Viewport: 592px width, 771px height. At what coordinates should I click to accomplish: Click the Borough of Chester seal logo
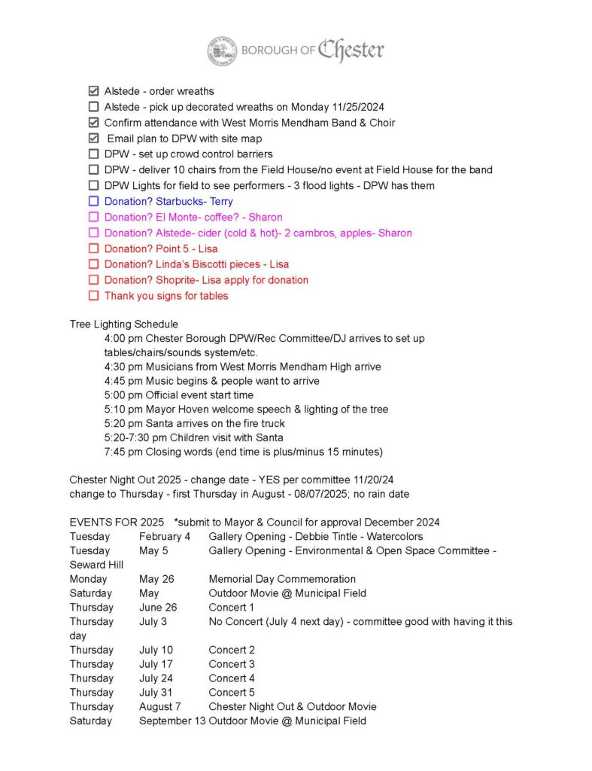[222, 50]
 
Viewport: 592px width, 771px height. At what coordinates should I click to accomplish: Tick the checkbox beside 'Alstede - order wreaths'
[94, 91]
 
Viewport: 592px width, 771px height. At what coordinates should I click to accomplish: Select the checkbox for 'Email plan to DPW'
[94, 139]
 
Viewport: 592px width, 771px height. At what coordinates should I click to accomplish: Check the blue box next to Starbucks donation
[94, 201]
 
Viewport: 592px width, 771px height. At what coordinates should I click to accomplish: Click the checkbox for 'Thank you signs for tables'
[94, 296]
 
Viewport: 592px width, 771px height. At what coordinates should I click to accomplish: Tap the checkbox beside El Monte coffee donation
[94, 217]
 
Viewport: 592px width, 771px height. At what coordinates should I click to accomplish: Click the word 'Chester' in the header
[351, 50]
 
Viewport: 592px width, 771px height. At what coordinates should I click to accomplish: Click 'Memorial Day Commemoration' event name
[282, 579]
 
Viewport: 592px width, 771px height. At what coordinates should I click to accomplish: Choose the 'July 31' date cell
[156, 693]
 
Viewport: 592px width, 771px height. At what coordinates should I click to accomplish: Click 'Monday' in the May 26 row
[88, 579]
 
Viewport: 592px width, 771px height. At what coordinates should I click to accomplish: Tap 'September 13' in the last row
[172, 721]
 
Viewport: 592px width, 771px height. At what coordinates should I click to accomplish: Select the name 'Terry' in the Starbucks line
[221, 202]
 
